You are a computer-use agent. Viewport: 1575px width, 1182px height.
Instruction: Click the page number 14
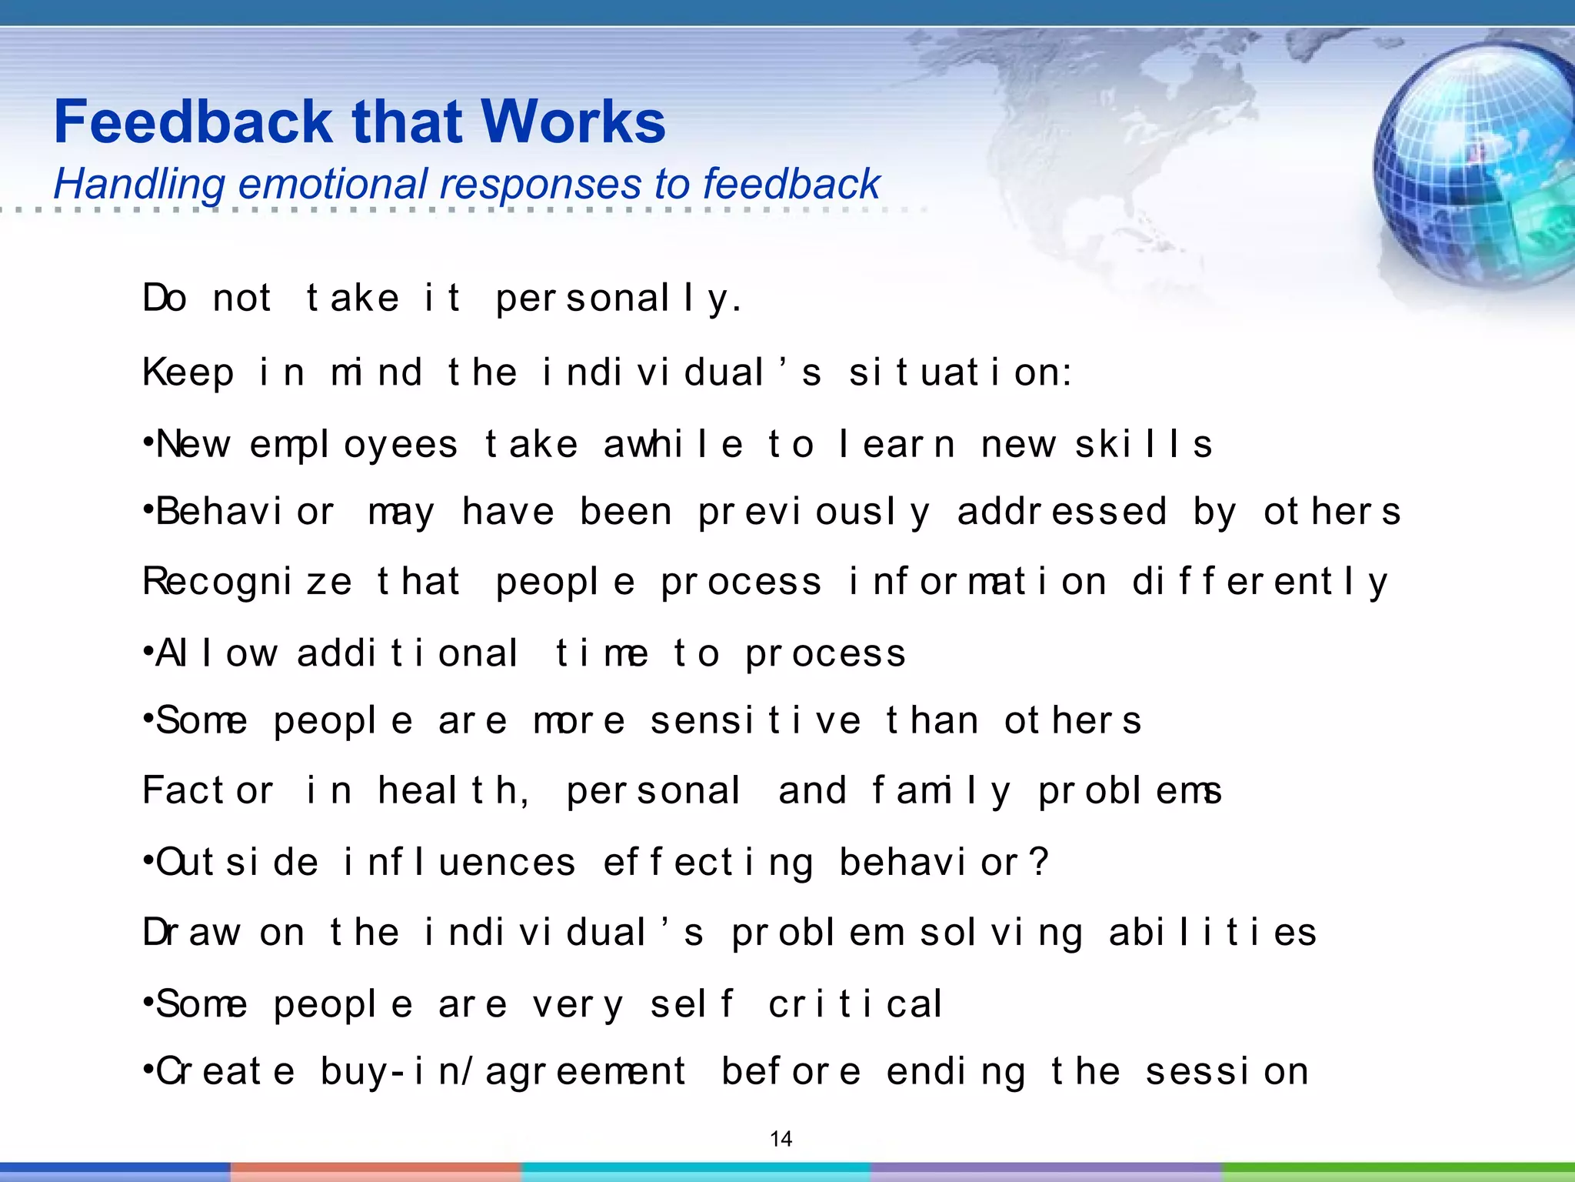point(781,1139)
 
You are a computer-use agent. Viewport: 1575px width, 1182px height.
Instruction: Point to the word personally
point(619,299)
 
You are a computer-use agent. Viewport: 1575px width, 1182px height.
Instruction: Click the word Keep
point(188,373)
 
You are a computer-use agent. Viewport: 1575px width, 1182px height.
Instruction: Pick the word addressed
point(1061,512)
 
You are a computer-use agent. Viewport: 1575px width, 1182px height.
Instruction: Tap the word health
point(454,791)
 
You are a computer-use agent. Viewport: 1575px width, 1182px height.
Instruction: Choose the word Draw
point(191,933)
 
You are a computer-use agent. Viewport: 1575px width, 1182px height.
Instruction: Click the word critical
point(855,1004)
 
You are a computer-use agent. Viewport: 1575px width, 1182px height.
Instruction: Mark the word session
point(1227,1071)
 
